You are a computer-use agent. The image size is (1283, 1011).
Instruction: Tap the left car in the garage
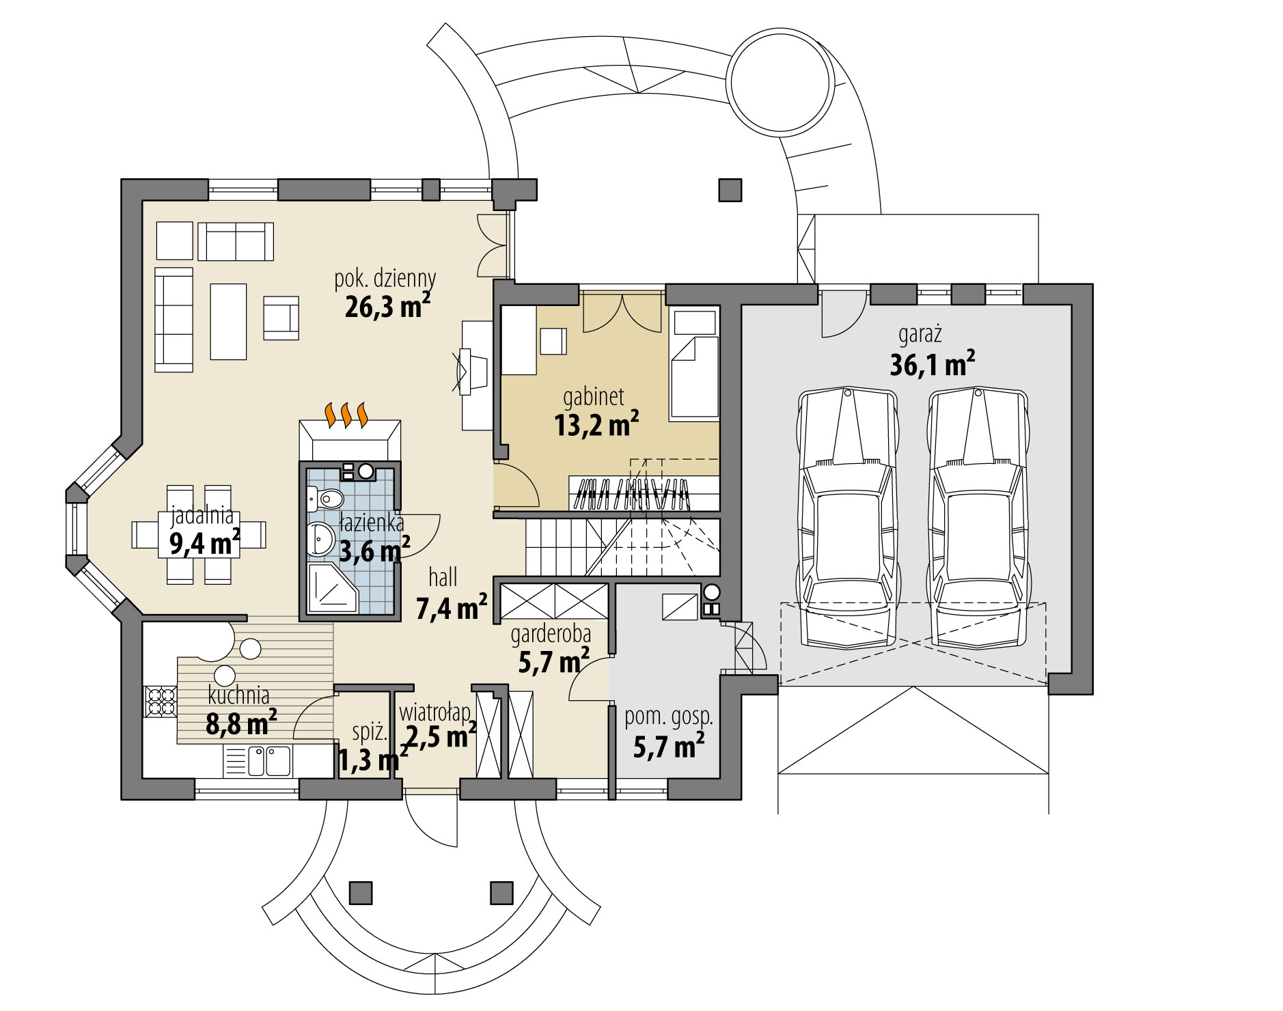[847, 519]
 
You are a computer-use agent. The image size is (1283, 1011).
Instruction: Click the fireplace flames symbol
[347, 415]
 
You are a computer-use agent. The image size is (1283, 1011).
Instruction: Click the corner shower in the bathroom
[331, 588]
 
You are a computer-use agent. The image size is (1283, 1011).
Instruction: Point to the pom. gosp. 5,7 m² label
[669, 733]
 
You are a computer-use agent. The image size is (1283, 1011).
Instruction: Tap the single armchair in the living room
[281, 318]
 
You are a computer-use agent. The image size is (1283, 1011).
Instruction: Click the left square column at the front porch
[361, 892]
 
